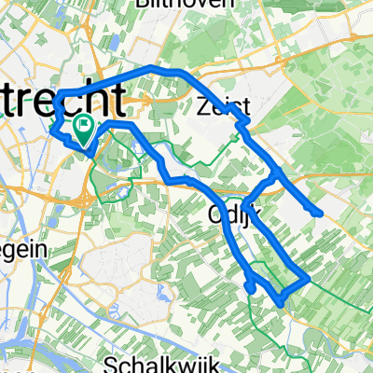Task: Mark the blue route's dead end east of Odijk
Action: coord(320,214)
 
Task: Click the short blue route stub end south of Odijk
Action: coord(253,290)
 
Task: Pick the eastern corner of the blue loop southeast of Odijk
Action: coord(308,278)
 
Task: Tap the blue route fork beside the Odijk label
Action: coord(243,205)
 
